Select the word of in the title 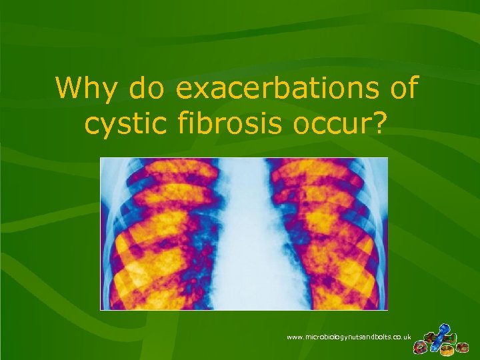[x=402, y=89]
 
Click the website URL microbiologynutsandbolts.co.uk [x=349, y=337]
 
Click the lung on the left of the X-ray [x=163, y=233]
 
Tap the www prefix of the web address [x=295, y=337]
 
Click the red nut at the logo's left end [x=421, y=347]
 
